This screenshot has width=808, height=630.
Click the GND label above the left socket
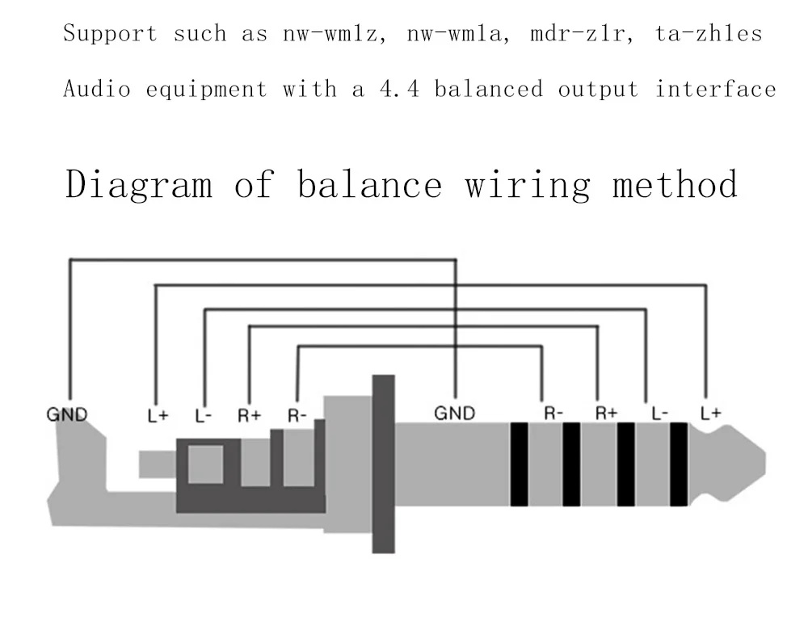click(65, 415)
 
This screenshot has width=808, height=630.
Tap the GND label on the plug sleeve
click(455, 414)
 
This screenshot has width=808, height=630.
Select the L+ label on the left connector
click(158, 417)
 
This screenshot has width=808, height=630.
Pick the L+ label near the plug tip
click(710, 414)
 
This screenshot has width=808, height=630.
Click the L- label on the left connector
click(204, 417)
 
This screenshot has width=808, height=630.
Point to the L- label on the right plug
click(659, 414)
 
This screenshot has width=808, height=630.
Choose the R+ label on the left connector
click(249, 417)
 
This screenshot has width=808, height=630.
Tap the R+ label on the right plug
click(606, 414)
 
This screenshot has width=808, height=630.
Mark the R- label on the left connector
click(297, 417)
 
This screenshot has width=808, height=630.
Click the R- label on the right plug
click(553, 414)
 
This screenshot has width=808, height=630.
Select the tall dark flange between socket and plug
click(383, 464)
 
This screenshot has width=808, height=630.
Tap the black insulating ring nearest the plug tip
click(678, 464)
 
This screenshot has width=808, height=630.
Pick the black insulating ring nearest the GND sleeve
click(519, 464)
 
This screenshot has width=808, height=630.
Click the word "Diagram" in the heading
click(139, 184)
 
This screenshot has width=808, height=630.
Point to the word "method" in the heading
click(675, 184)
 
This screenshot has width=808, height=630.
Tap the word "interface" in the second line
click(715, 89)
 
